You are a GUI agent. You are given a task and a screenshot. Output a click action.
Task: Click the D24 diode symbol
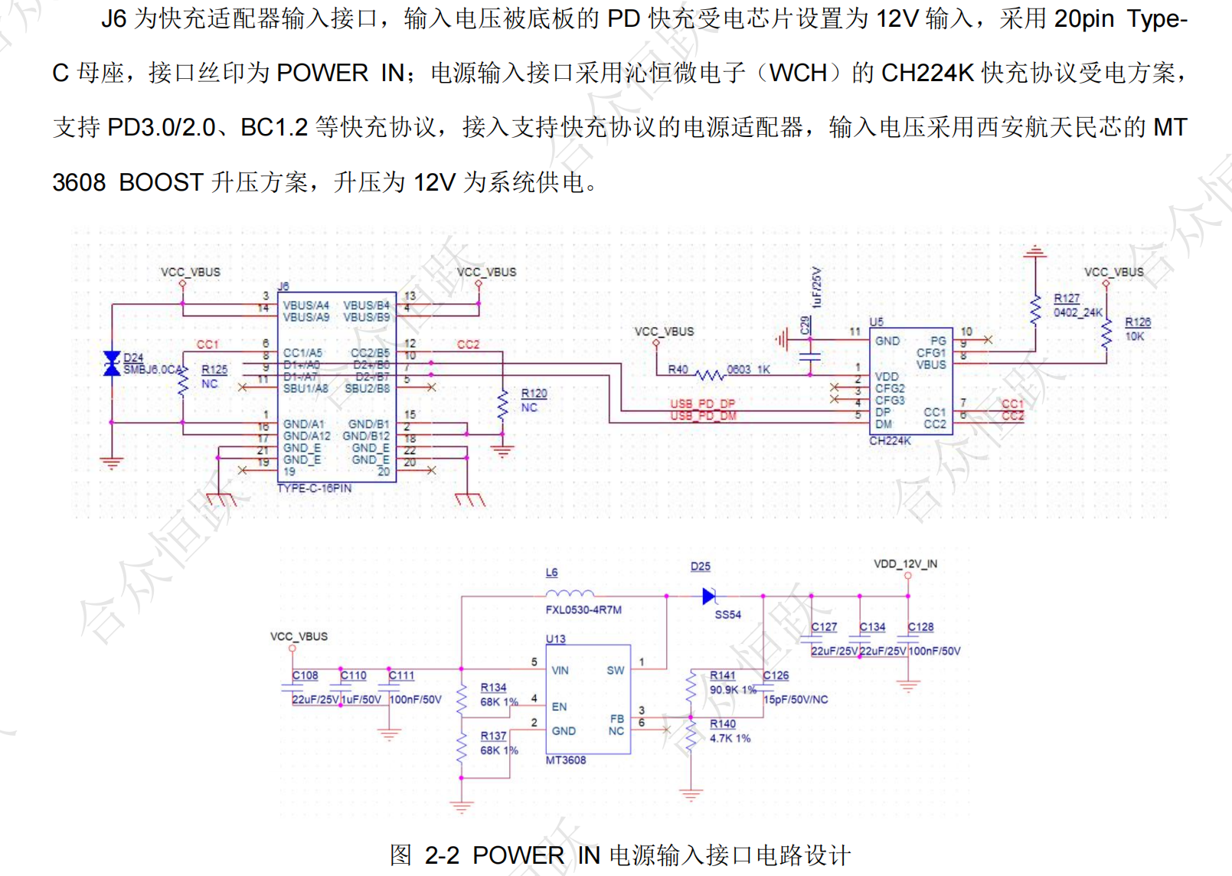point(112,364)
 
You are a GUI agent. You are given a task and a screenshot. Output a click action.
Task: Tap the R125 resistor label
point(214,370)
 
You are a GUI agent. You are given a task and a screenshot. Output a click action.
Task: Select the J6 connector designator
point(283,286)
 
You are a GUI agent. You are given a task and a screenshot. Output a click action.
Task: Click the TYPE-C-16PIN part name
point(314,488)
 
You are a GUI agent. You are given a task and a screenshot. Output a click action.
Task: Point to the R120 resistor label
point(534,394)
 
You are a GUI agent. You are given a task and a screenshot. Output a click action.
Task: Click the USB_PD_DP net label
point(702,404)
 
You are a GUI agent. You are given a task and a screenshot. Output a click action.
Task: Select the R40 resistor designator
point(678,369)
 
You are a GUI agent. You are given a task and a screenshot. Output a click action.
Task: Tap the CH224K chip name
point(890,440)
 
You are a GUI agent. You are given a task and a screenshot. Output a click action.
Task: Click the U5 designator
point(876,322)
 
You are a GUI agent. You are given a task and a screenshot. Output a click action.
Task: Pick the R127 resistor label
point(1067,299)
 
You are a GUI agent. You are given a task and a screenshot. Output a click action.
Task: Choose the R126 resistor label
point(1138,322)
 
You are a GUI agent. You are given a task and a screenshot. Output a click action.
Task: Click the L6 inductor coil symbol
point(570,593)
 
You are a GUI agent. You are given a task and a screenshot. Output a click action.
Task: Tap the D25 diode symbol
point(709,596)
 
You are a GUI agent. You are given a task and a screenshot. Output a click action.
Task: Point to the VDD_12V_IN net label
point(905,564)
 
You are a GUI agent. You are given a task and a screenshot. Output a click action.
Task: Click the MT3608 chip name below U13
point(566,760)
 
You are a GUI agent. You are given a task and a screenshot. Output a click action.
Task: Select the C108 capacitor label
point(305,675)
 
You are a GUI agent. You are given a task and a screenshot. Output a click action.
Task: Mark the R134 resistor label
point(493,688)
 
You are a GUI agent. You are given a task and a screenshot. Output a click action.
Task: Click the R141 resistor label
point(722,675)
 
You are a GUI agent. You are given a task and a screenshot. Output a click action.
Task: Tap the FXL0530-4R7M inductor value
point(583,610)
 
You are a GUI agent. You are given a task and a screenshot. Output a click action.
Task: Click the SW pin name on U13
point(616,670)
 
